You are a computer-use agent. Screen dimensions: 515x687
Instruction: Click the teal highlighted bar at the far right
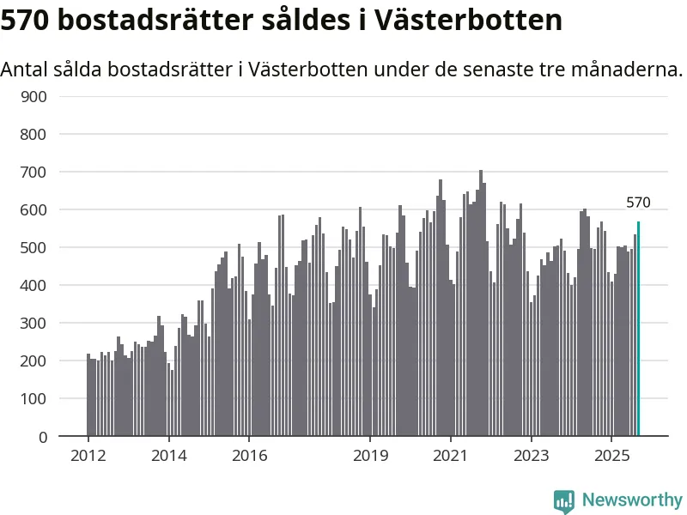[638, 330]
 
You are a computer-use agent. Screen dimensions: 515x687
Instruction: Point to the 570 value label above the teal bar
[638, 203]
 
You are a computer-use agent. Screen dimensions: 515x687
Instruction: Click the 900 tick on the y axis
[34, 96]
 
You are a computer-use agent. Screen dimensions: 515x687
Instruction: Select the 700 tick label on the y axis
[34, 172]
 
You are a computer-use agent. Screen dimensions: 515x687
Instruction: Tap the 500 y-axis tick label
[34, 247]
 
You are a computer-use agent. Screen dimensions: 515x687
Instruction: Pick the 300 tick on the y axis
[34, 323]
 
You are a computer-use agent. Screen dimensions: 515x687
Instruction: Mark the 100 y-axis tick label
[34, 398]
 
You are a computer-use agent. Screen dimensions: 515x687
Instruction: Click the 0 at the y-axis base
[42, 436]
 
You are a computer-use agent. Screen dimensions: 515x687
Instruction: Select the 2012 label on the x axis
[88, 455]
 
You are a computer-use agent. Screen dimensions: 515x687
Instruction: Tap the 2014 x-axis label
[169, 455]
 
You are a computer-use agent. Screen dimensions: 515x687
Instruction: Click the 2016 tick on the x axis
[249, 455]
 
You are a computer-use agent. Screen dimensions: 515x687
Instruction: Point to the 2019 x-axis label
[370, 455]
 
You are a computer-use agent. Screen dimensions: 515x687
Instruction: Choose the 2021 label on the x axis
[451, 455]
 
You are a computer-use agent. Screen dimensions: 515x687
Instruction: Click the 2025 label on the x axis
[611, 455]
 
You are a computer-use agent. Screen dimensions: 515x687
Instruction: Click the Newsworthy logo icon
[564, 500]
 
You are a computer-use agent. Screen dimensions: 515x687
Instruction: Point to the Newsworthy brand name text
[632, 500]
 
